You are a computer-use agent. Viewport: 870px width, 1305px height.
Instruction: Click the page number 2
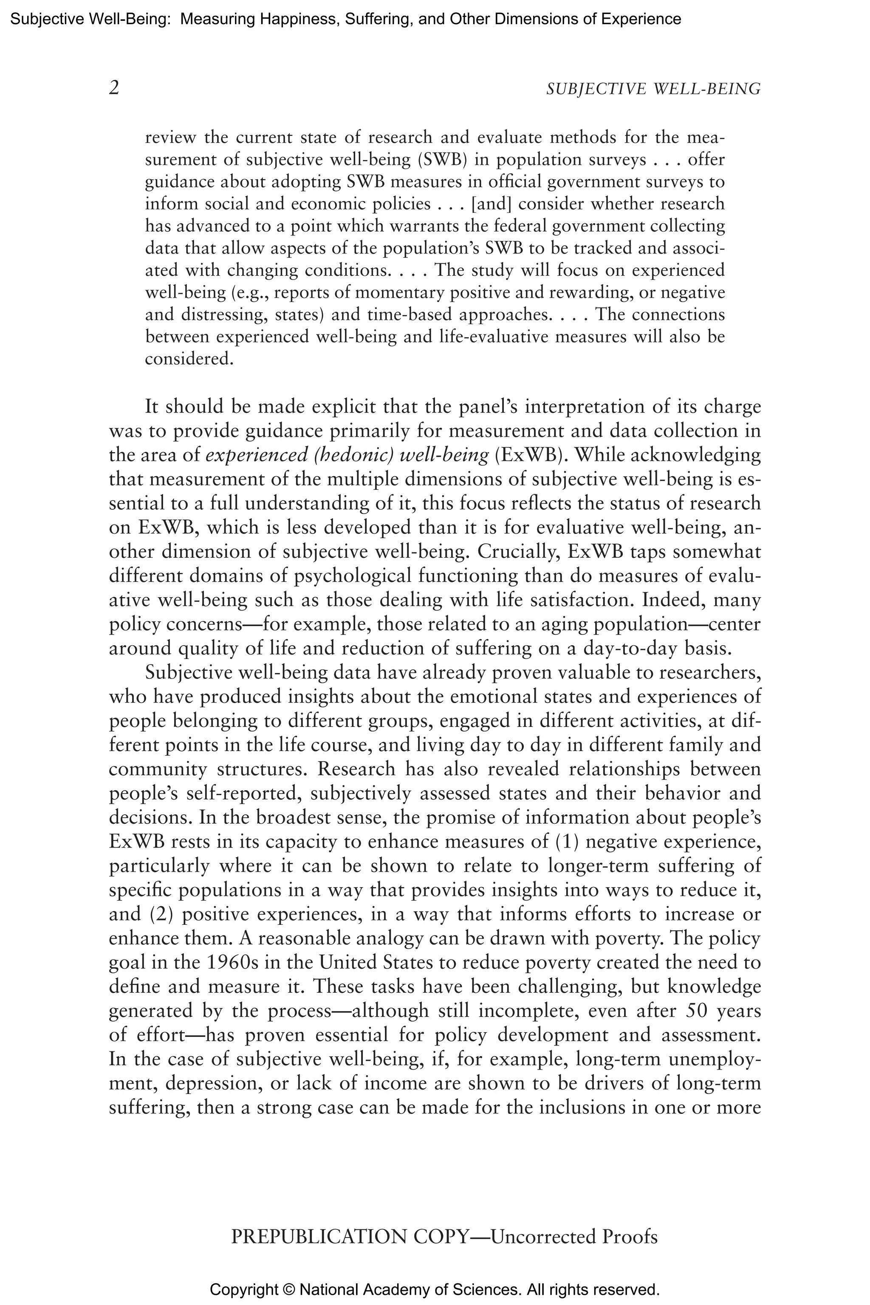(114, 88)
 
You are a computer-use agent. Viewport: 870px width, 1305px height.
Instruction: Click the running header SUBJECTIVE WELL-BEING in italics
(653, 89)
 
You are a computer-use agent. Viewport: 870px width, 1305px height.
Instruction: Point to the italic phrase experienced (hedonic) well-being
(347, 455)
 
